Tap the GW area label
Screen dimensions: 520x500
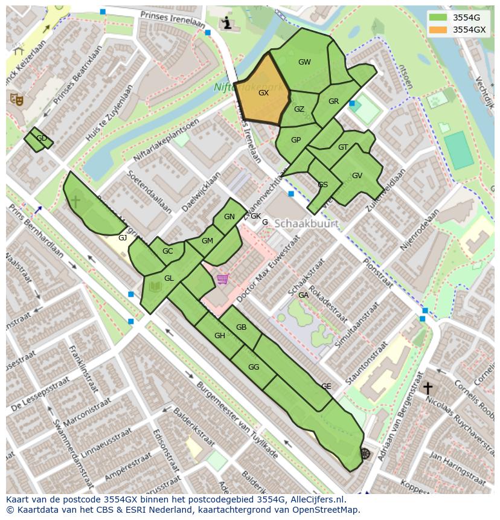tap(304, 62)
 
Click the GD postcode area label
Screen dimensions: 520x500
tap(42, 138)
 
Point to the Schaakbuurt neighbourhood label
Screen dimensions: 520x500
tap(306, 223)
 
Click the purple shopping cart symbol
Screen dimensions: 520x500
tap(223, 279)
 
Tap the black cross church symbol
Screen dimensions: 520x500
tap(428, 388)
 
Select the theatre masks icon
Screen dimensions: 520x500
tap(16, 98)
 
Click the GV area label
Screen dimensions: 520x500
tap(357, 176)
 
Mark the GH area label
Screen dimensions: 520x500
tap(220, 336)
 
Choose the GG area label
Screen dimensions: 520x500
tap(254, 367)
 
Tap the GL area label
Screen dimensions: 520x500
tap(169, 278)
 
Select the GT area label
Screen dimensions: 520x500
tap(343, 147)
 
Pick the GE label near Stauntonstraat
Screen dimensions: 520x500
tap(326, 387)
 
